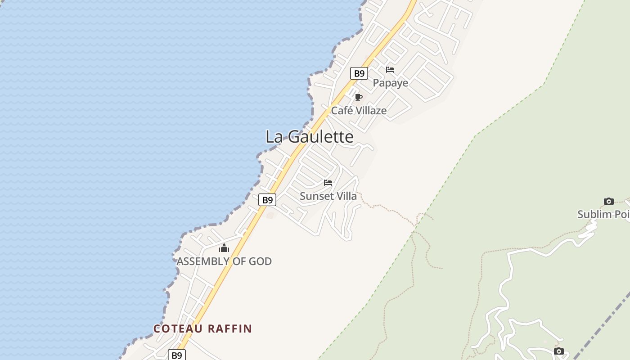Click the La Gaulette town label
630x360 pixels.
point(310,137)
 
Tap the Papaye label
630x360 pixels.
point(391,83)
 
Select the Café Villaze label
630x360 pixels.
point(359,110)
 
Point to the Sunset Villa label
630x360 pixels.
point(328,196)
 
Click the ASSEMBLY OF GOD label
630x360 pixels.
point(224,261)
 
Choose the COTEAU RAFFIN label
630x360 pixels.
point(202,328)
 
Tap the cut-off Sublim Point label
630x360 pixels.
point(603,214)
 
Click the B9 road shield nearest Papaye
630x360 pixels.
point(359,73)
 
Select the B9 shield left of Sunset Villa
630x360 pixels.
point(267,200)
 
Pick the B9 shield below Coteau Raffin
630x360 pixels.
point(177,355)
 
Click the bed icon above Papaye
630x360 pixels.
point(390,70)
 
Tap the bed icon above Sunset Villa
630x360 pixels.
point(328,183)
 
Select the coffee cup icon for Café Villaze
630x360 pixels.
point(359,97)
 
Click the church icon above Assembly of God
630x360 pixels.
point(224,248)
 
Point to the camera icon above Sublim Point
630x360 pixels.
point(609,201)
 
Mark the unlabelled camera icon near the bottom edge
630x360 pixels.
point(559,351)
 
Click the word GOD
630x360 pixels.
point(260,261)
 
